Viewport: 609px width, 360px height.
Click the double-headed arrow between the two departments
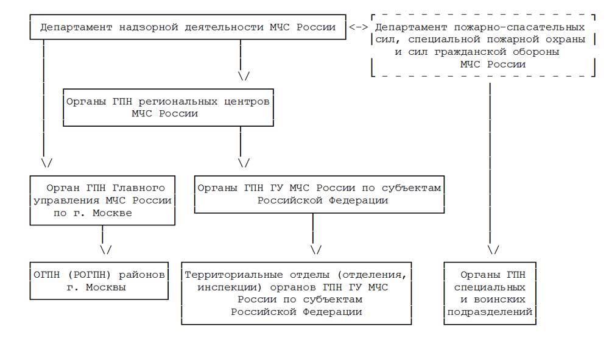pos(359,27)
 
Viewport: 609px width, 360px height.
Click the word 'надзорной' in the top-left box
pos(149,27)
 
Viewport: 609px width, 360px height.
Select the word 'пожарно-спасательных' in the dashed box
pos(519,27)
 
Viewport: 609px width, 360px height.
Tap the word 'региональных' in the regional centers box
pos(178,102)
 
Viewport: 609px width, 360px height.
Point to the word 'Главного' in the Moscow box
pos(139,188)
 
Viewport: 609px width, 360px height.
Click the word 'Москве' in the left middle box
pos(112,213)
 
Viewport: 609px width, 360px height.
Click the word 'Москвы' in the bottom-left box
pos(105,288)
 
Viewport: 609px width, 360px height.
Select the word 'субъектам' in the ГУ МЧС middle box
pos(411,188)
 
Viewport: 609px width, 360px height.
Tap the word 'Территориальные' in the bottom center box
pos(234,275)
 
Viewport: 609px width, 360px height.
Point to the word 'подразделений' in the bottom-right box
pos(490,312)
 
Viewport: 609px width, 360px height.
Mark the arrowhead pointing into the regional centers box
pos(244,76)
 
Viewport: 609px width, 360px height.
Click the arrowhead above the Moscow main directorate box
pos(47,162)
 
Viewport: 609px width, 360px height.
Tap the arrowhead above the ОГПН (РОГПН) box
pos(105,249)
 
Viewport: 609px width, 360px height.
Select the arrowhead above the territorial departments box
pos(316,249)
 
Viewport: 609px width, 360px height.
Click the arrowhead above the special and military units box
pos(493,249)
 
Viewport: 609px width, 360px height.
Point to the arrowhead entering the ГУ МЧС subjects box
pos(244,162)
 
